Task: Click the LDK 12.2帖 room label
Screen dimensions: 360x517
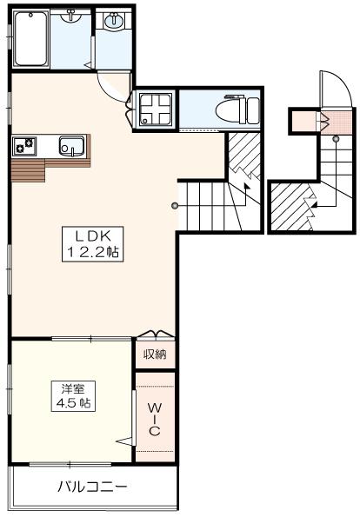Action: click(93, 244)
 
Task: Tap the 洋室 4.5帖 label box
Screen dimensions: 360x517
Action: click(73, 396)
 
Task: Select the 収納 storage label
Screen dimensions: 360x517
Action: click(155, 355)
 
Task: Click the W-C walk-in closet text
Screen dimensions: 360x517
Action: click(155, 420)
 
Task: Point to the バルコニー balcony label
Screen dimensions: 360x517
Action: click(92, 487)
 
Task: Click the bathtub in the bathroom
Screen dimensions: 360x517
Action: click(30, 39)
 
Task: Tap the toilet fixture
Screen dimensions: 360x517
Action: click(237, 110)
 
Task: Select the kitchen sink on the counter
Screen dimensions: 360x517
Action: click(72, 146)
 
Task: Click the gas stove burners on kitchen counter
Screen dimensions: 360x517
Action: click(24, 146)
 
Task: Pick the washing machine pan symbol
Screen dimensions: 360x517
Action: click(156, 109)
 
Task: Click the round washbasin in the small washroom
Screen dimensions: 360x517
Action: click(114, 21)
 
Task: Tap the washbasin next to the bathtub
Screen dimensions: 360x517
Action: click(70, 16)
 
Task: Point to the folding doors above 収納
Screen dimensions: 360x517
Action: click(156, 334)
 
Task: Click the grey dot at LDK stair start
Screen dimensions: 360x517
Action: click(174, 207)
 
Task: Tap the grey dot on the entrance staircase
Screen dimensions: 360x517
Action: click(336, 138)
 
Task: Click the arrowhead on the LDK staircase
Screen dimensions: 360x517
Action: click(246, 186)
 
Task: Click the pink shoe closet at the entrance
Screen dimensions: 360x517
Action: click(337, 123)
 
